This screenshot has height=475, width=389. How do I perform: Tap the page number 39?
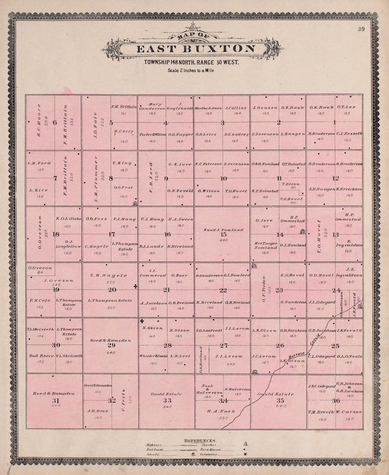click(361, 29)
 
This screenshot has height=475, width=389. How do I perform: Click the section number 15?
click(223, 234)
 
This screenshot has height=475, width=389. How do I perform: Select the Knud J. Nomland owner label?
click(223, 230)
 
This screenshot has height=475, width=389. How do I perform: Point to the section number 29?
click(111, 346)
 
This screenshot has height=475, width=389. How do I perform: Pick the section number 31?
click(56, 400)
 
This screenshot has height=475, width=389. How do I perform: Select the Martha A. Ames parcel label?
click(208, 108)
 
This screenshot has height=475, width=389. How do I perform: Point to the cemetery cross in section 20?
click(135, 287)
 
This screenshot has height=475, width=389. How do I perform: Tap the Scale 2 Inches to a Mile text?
click(191, 70)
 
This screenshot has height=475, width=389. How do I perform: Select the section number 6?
click(54, 123)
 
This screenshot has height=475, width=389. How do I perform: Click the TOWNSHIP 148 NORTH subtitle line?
click(191, 63)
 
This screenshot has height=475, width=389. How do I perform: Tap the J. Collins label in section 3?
click(236, 108)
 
